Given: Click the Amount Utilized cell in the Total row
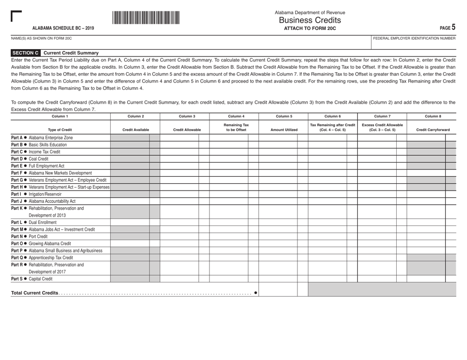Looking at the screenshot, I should [x=278, y=290].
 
